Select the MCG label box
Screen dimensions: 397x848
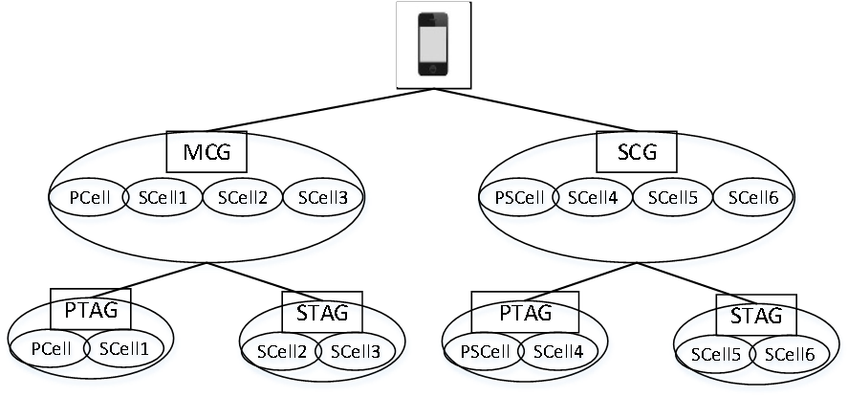point(207,150)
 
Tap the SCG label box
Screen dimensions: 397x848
point(636,150)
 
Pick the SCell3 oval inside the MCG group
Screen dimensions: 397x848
point(323,198)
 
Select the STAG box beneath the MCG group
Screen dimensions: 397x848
point(322,312)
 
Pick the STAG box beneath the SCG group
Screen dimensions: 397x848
point(755,316)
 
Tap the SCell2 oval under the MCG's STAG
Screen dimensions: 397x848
point(282,351)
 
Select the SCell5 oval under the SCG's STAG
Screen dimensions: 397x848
point(716,354)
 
